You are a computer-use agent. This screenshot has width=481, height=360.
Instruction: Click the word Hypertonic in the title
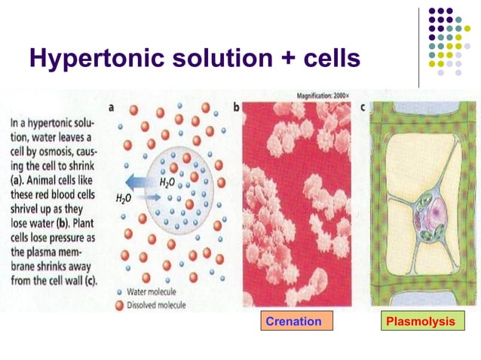pyautogui.click(x=95, y=58)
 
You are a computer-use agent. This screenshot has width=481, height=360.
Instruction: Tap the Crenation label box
pyautogui.click(x=293, y=322)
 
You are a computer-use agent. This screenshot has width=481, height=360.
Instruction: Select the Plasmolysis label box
pyautogui.click(x=420, y=322)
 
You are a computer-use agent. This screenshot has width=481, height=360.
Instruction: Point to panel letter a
pyautogui.click(x=112, y=108)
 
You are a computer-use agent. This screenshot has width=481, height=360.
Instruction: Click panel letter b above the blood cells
pyautogui.click(x=236, y=108)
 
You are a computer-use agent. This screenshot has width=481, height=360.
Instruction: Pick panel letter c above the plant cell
pyautogui.click(x=363, y=108)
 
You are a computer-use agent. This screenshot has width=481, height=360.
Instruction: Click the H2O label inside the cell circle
pyautogui.click(x=167, y=182)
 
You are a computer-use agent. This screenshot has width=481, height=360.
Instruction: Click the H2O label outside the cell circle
pyautogui.click(x=122, y=198)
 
